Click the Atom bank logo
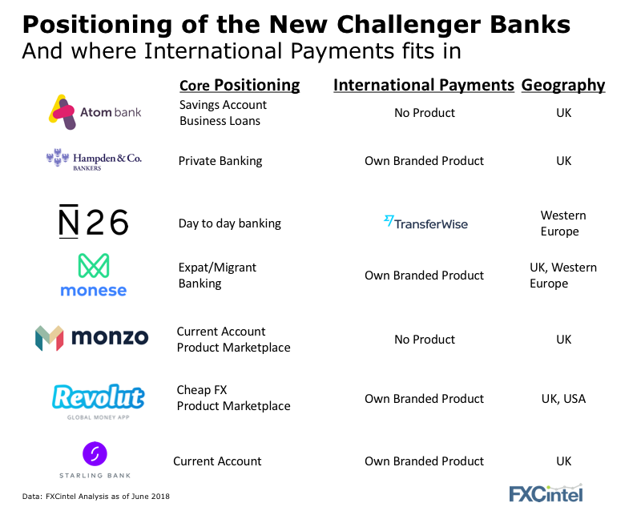click(95, 112)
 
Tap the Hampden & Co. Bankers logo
click(94, 160)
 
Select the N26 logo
click(94, 221)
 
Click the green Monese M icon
click(94, 266)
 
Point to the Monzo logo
click(92, 338)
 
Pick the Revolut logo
click(98, 401)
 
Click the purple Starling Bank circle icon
click(95, 454)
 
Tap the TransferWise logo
click(425, 223)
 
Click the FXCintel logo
click(546, 493)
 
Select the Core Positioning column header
click(240, 85)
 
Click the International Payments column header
click(424, 85)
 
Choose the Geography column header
click(563, 85)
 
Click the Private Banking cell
click(220, 161)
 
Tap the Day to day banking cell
click(230, 223)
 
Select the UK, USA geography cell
click(563, 399)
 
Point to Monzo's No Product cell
click(425, 340)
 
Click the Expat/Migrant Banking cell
click(217, 275)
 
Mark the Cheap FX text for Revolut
click(202, 390)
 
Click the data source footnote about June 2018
click(95, 497)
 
